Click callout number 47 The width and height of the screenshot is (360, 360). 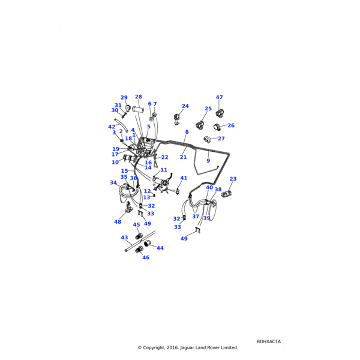coord(219,97)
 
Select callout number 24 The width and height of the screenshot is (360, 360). coord(185,106)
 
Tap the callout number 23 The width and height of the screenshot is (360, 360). coord(233,179)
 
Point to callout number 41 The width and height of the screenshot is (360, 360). coord(184,178)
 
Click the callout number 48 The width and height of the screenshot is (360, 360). coord(118,222)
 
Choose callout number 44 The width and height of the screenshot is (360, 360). coord(160,248)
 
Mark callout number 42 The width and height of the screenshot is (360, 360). coord(112,127)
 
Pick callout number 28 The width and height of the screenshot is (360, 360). coord(139,97)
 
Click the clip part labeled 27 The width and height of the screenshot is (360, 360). coord(207,139)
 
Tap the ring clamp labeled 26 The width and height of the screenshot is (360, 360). coord(217,127)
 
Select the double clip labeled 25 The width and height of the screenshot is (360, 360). coord(200,125)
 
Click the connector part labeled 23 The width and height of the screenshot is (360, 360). coord(226,194)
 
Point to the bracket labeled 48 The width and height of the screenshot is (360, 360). coord(128,208)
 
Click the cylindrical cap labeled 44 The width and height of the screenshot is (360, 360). coord(147,244)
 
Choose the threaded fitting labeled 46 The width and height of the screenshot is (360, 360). coord(139,249)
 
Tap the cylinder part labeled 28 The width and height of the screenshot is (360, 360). coord(138,109)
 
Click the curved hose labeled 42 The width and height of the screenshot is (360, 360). coord(121,126)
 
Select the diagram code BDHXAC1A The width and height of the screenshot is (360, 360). coord(269,341)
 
